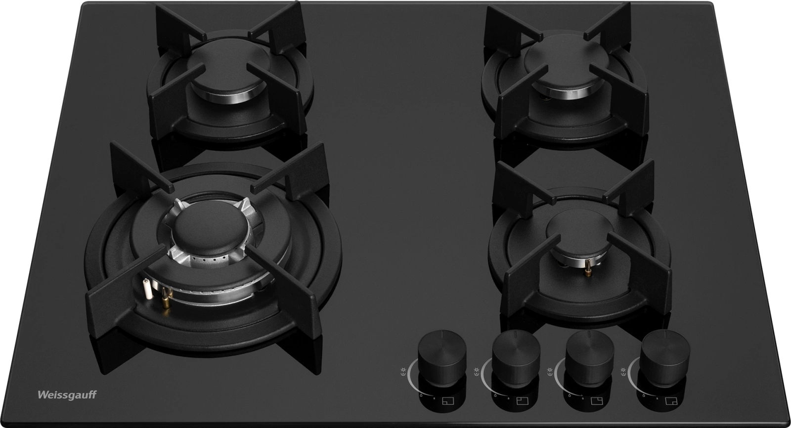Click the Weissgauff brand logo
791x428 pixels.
coord(67,395)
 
